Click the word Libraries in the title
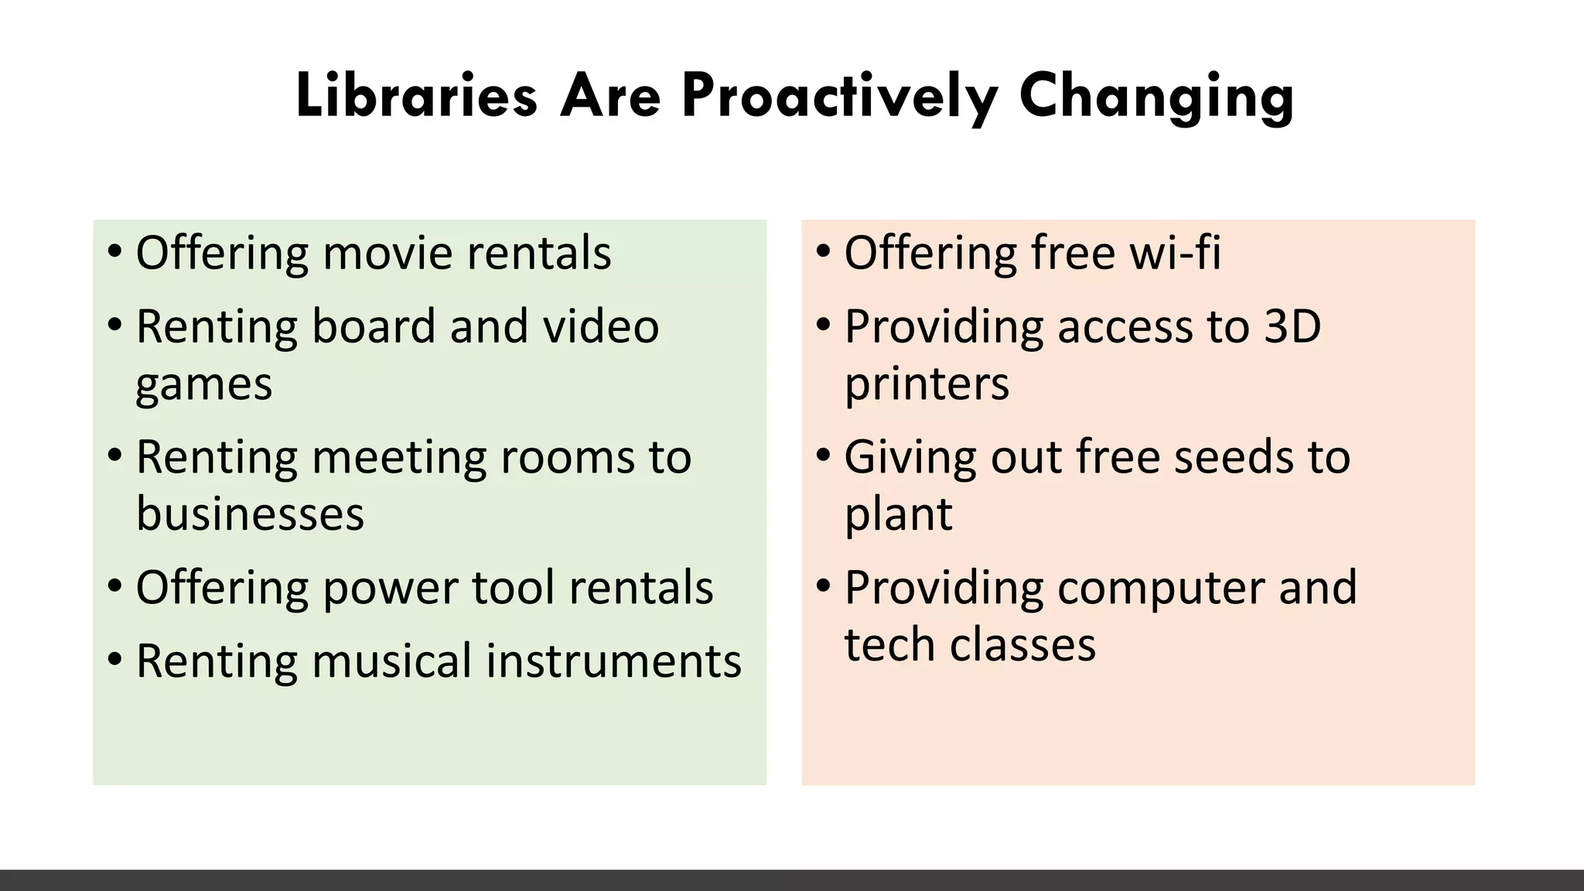416,96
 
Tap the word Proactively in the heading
839,96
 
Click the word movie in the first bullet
387,253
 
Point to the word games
204,384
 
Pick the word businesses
250,514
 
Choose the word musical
392,661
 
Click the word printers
927,384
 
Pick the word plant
898,515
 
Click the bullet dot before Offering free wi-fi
823,251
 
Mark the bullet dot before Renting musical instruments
114,660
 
